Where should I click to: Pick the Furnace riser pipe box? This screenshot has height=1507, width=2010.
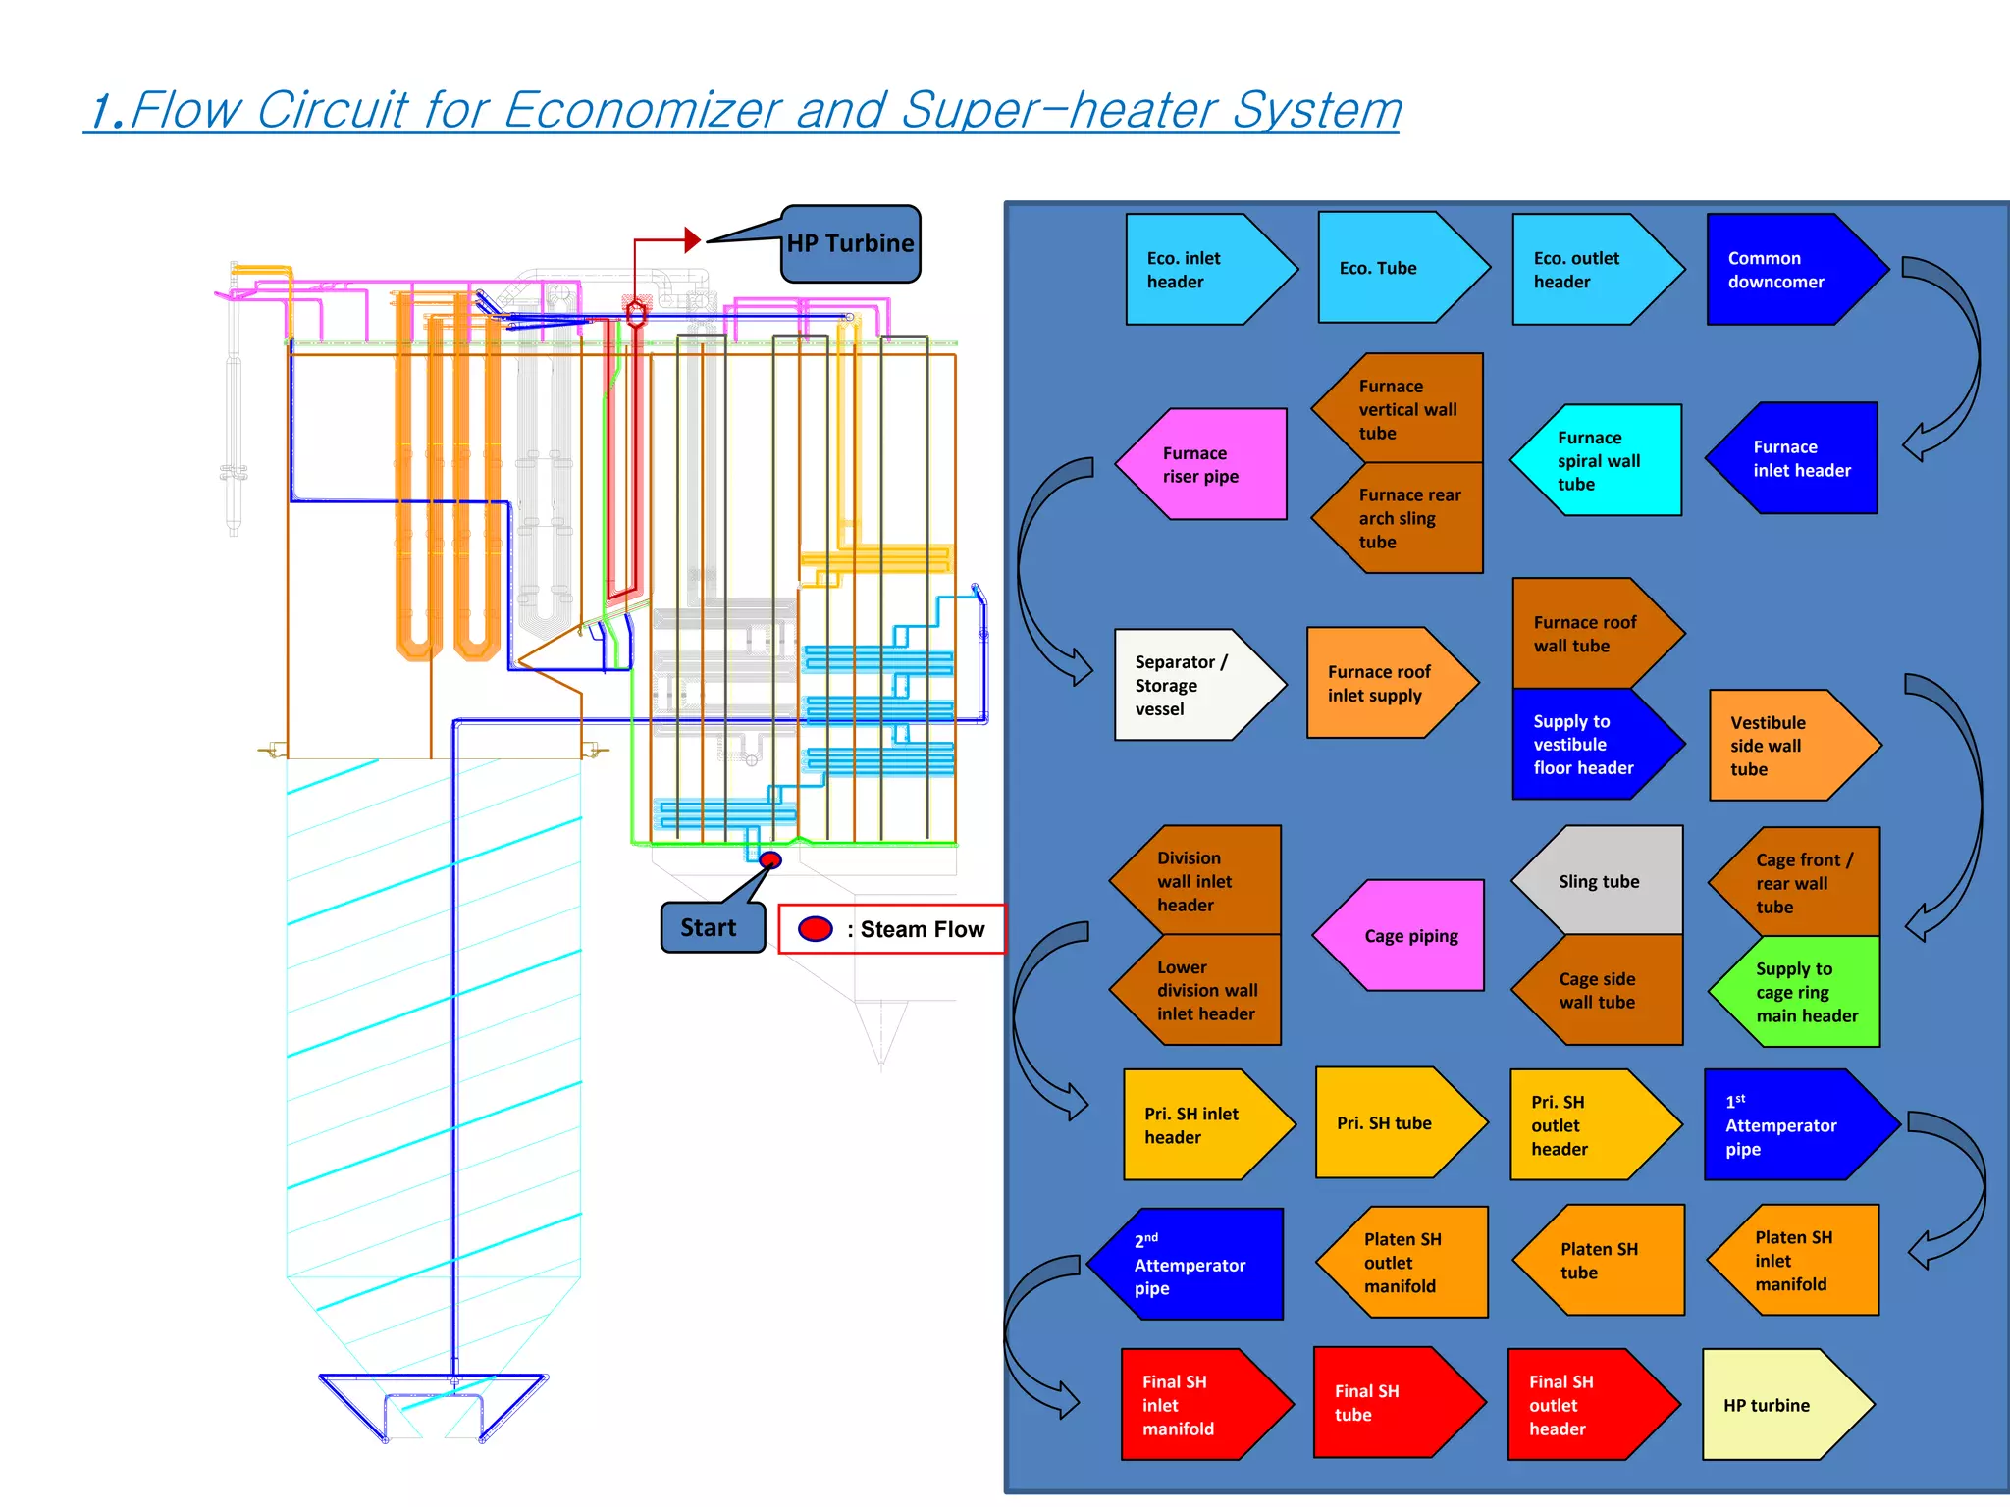1212,464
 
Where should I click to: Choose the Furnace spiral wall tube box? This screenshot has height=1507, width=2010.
1606,460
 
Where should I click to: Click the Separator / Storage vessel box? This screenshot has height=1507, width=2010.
1188,685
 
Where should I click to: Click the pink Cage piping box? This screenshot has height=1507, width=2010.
1407,935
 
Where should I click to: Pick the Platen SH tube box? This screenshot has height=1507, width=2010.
1606,1261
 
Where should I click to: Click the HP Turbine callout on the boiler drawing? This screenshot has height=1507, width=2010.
850,244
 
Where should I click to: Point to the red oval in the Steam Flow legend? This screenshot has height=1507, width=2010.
815,929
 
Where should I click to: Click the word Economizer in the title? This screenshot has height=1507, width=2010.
643,110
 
